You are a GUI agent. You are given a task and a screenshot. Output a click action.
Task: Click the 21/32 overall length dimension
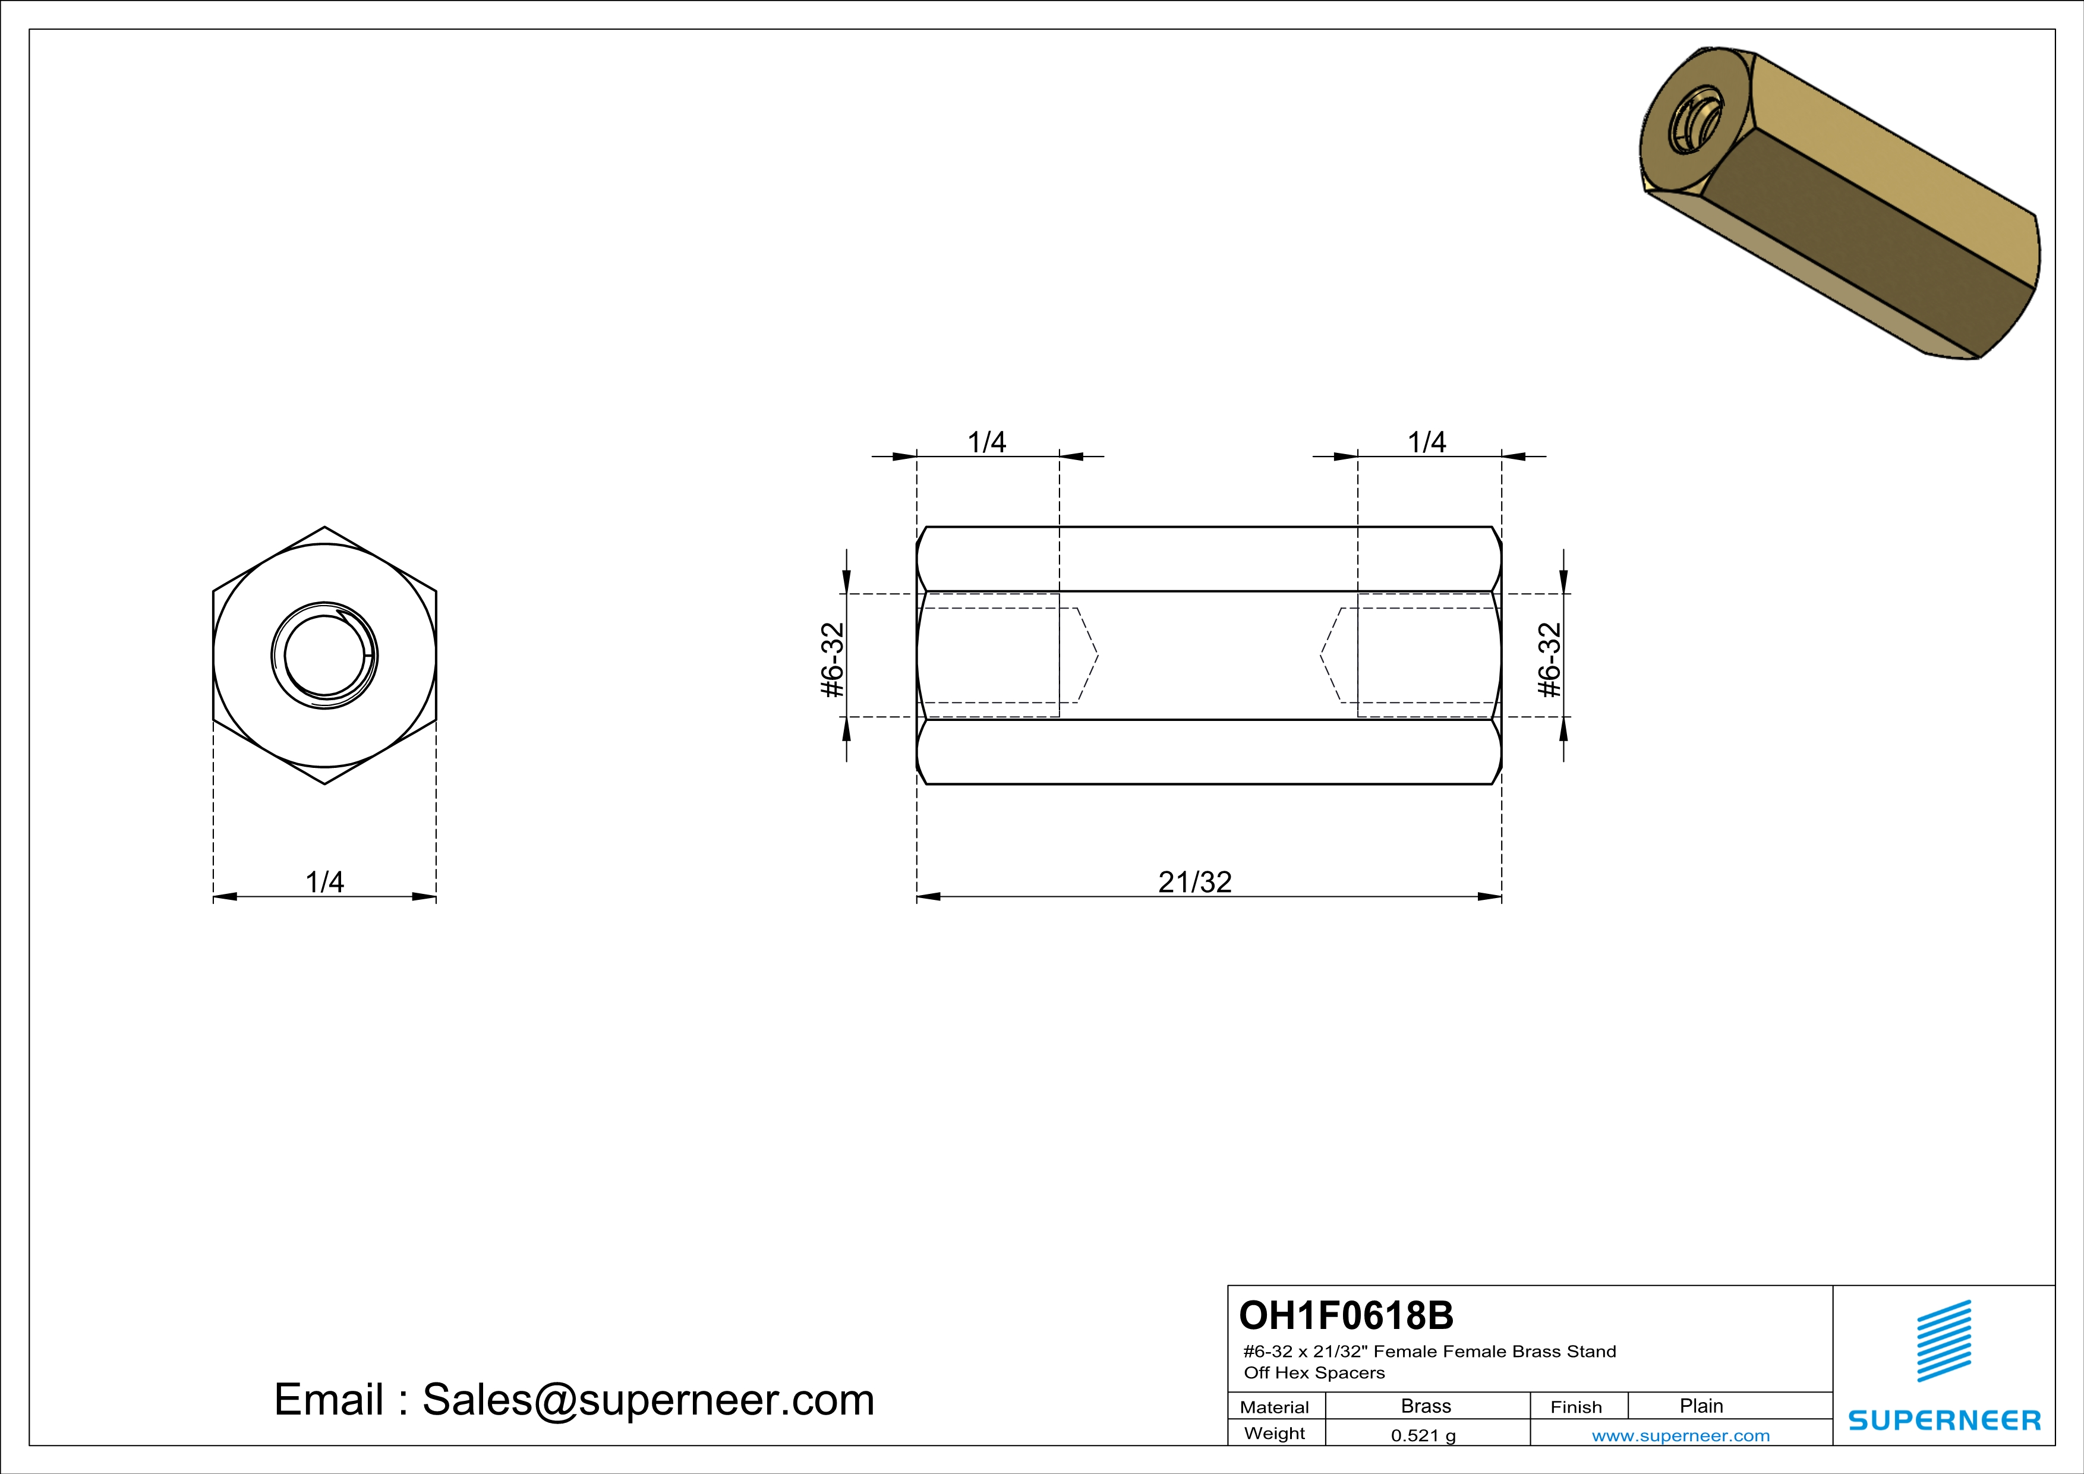click(x=1194, y=882)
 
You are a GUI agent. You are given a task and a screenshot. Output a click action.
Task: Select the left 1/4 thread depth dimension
click(x=986, y=442)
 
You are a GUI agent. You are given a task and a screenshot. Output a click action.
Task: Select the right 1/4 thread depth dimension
click(x=1426, y=442)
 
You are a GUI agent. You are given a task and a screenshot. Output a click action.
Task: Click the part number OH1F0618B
click(x=1346, y=1315)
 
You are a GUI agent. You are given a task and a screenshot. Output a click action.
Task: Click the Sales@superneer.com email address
click(x=648, y=1400)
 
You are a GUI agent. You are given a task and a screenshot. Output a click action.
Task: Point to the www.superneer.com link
click(x=1680, y=1436)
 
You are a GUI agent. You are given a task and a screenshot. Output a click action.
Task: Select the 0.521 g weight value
click(x=1423, y=1436)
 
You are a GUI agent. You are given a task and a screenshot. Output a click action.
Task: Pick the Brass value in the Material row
click(x=1426, y=1406)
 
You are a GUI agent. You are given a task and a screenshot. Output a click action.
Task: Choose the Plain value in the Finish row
click(x=1701, y=1406)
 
